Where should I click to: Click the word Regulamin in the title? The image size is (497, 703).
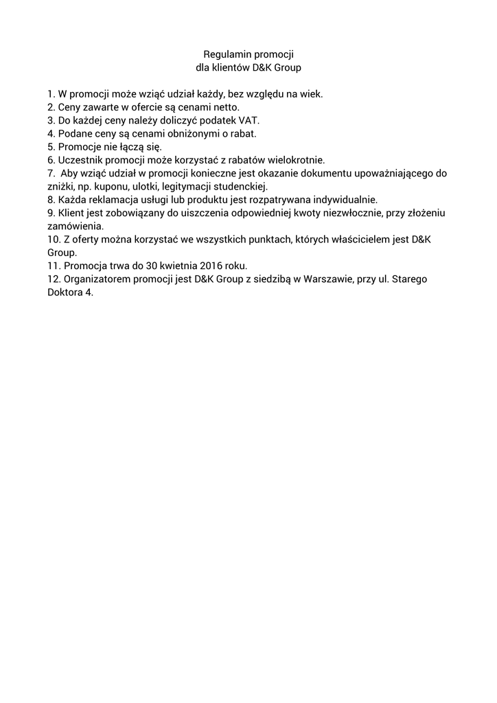[x=227, y=54]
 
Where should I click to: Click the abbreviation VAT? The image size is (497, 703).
[x=248, y=120]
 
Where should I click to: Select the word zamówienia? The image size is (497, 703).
[x=75, y=226]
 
